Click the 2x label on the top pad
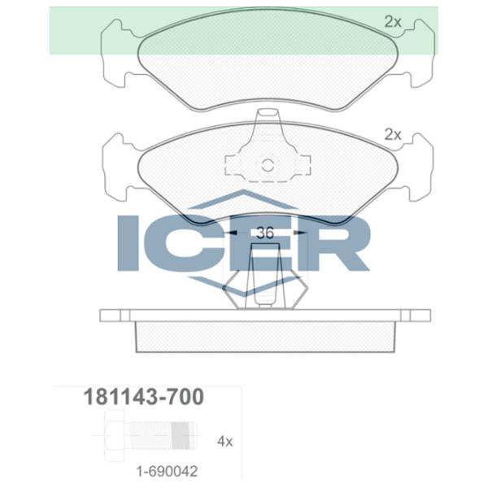click(393, 23)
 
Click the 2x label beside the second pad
click(393, 135)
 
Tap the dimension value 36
click(264, 233)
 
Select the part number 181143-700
click(144, 398)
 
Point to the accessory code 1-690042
click(166, 471)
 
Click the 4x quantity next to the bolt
click(225, 442)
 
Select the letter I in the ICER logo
click(131, 242)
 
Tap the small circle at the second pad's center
click(268, 166)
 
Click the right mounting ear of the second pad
click(415, 166)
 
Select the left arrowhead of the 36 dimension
click(233, 233)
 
